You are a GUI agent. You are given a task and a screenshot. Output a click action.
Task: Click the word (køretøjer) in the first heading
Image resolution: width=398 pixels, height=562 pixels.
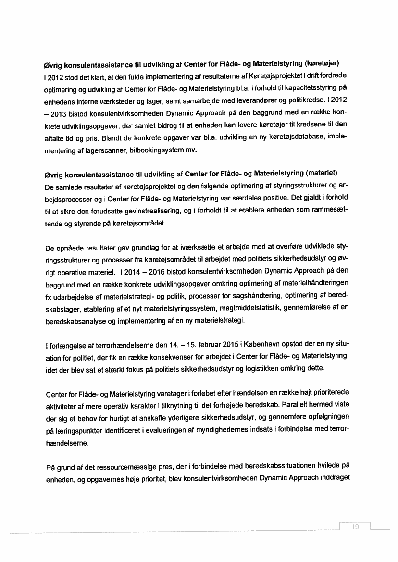(x=323, y=63)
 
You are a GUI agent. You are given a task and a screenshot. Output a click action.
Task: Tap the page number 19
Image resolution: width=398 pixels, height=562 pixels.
(x=355, y=527)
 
